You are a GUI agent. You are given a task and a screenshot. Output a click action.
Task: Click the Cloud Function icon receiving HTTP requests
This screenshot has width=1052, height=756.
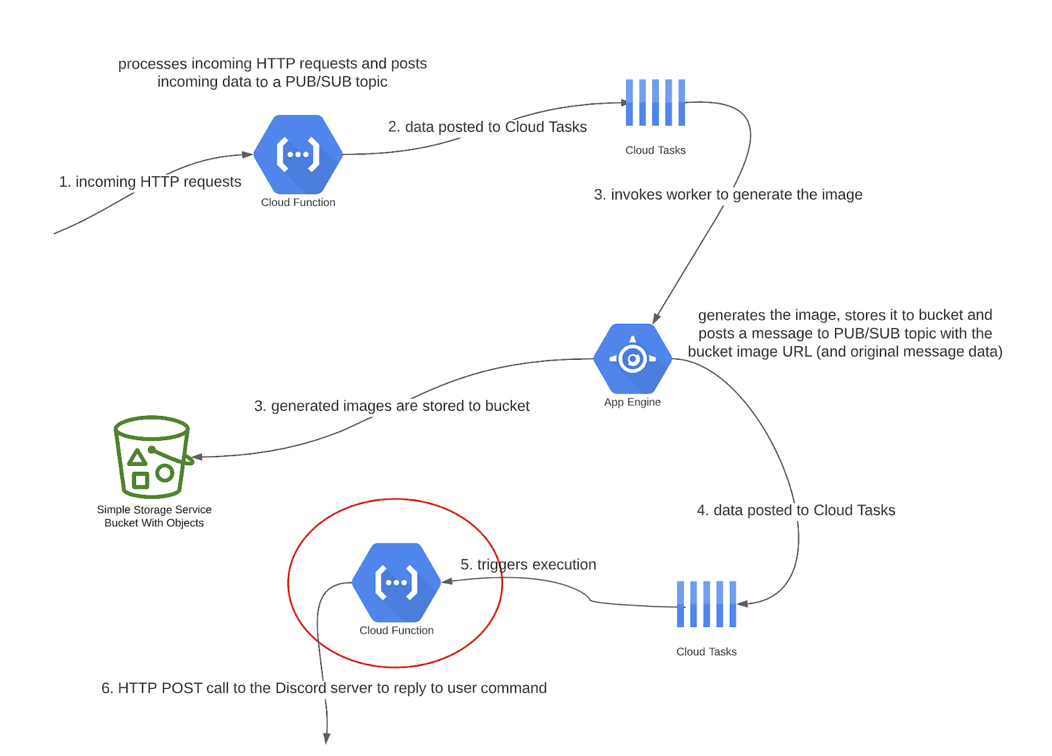coord(298,155)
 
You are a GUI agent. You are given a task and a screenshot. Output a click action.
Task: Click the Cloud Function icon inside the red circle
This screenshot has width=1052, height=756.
coord(396,582)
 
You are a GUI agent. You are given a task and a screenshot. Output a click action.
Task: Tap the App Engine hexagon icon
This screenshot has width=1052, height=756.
coord(633,359)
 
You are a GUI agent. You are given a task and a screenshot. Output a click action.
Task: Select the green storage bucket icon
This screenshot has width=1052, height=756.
coord(152,457)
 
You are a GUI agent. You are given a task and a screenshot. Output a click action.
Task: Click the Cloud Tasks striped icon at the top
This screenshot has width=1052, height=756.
coord(655,103)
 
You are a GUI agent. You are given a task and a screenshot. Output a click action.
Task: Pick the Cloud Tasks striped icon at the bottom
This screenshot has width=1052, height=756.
coord(706,604)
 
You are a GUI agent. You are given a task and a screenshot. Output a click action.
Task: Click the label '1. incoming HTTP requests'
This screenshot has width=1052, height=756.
coord(150,182)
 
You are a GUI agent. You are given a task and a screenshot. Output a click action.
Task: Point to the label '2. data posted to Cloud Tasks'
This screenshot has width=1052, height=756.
coord(487,127)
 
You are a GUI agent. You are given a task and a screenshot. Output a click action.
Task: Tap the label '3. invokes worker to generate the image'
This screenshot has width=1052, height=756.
coord(728,195)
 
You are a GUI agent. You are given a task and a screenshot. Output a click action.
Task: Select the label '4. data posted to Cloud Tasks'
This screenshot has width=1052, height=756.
coord(796,511)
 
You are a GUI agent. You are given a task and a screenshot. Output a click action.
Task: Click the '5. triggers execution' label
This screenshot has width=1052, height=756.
coord(528,565)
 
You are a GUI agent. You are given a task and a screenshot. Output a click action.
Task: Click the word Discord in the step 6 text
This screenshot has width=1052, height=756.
coord(300,688)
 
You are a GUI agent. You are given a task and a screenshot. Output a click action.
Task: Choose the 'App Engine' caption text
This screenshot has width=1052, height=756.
coord(633,402)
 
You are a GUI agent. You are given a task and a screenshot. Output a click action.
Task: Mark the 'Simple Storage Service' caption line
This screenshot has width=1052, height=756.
coord(154,510)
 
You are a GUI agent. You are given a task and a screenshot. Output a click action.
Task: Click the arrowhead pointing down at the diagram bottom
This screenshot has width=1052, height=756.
coord(326,739)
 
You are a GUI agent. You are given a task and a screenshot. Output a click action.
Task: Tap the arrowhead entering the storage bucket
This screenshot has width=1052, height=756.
coord(197,457)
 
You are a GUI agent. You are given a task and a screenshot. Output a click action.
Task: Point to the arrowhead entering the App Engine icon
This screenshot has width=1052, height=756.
coord(656,318)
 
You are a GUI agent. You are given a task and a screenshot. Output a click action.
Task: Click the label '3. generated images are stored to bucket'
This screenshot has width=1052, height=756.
coord(391,406)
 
